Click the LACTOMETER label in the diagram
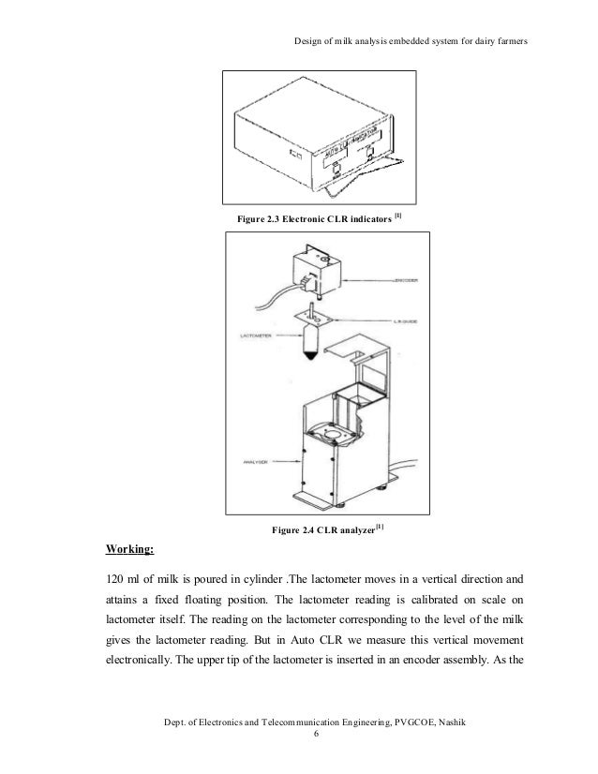(247, 335)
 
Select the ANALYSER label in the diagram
(247, 462)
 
